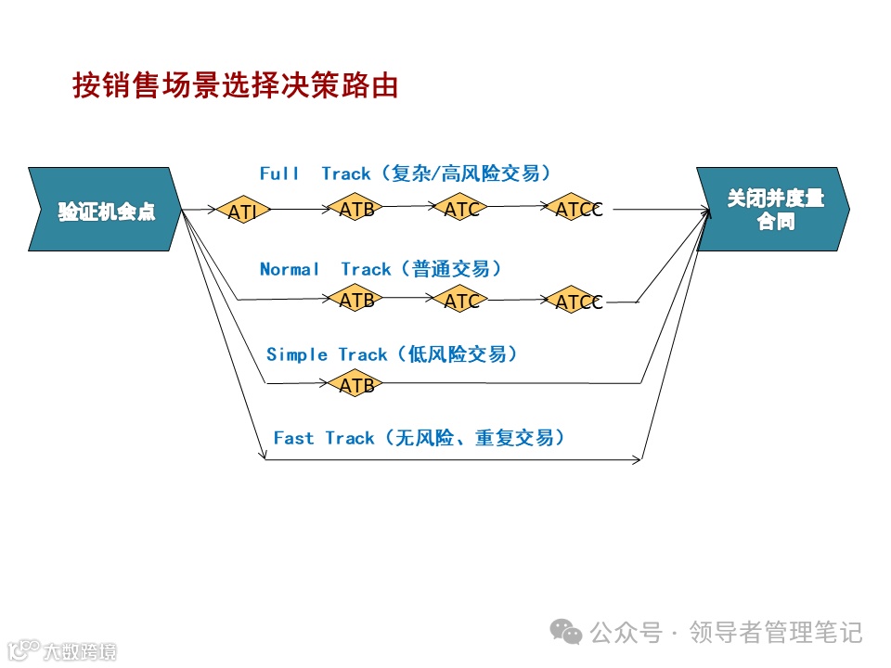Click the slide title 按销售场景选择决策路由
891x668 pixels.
tap(236, 85)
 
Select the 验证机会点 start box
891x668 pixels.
tap(105, 210)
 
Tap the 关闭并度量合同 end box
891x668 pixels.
tap(773, 210)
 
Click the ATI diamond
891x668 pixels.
tap(243, 211)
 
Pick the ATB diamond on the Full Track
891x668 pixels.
tap(356, 209)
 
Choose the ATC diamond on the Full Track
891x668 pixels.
tap(461, 209)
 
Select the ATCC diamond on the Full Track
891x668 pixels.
tap(577, 210)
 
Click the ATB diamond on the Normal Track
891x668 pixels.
tap(356, 300)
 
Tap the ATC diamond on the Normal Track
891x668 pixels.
tap(461, 301)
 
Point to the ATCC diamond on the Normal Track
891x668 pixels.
tap(577, 302)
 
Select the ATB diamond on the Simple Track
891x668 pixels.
tap(356, 384)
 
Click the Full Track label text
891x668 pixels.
tap(406, 173)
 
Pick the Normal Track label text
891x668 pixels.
tap(381, 269)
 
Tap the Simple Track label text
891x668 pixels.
tap(392, 354)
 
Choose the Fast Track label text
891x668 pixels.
tap(419, 438)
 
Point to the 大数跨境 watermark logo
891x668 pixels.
tap(60, 649)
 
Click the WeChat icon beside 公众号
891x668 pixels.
tap(566, 632)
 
